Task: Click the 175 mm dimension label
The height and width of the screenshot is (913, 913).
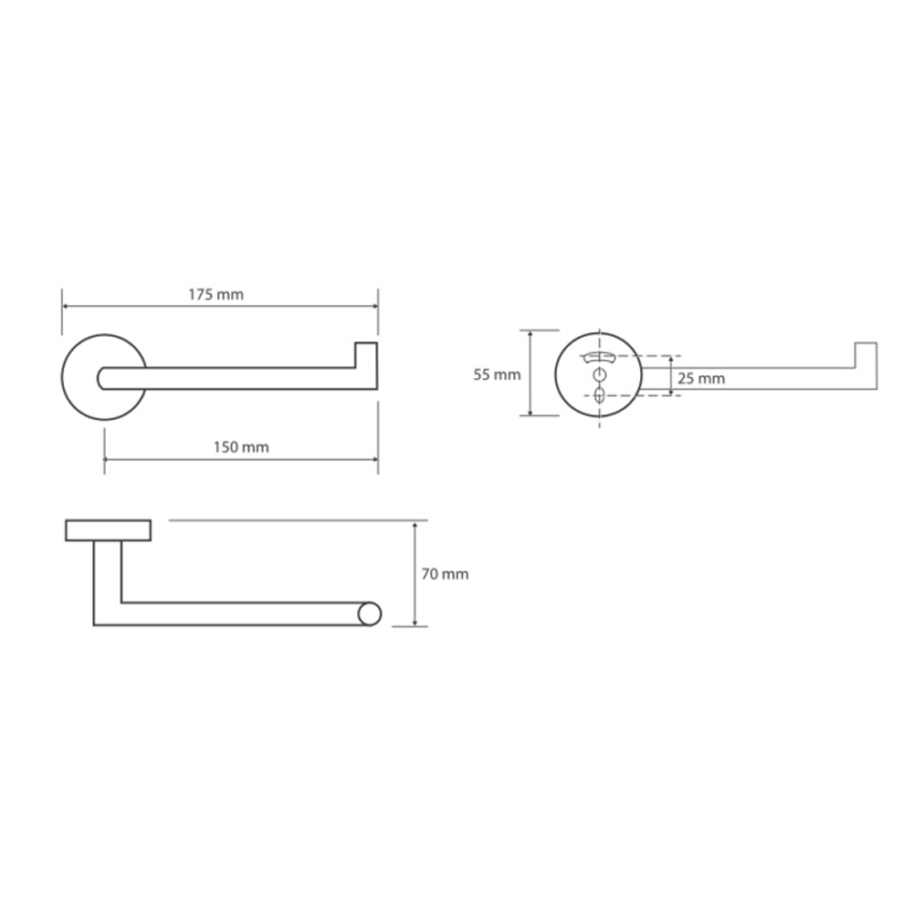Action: tap(215, 295)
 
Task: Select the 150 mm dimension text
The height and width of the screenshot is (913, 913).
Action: tap(241, 447)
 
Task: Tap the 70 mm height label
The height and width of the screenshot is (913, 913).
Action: tap(445, 574)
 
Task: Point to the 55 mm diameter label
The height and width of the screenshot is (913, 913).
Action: tap(497, 375)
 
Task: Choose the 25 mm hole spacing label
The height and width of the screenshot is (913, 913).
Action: tap(701, 379)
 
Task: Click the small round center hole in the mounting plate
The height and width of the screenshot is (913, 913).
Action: tap(599, 373)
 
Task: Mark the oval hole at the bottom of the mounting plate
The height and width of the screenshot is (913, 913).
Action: tap(599, 395)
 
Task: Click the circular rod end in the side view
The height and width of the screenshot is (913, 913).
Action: tap(369, 614)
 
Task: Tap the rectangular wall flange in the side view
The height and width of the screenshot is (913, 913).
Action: tap(109, 530)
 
